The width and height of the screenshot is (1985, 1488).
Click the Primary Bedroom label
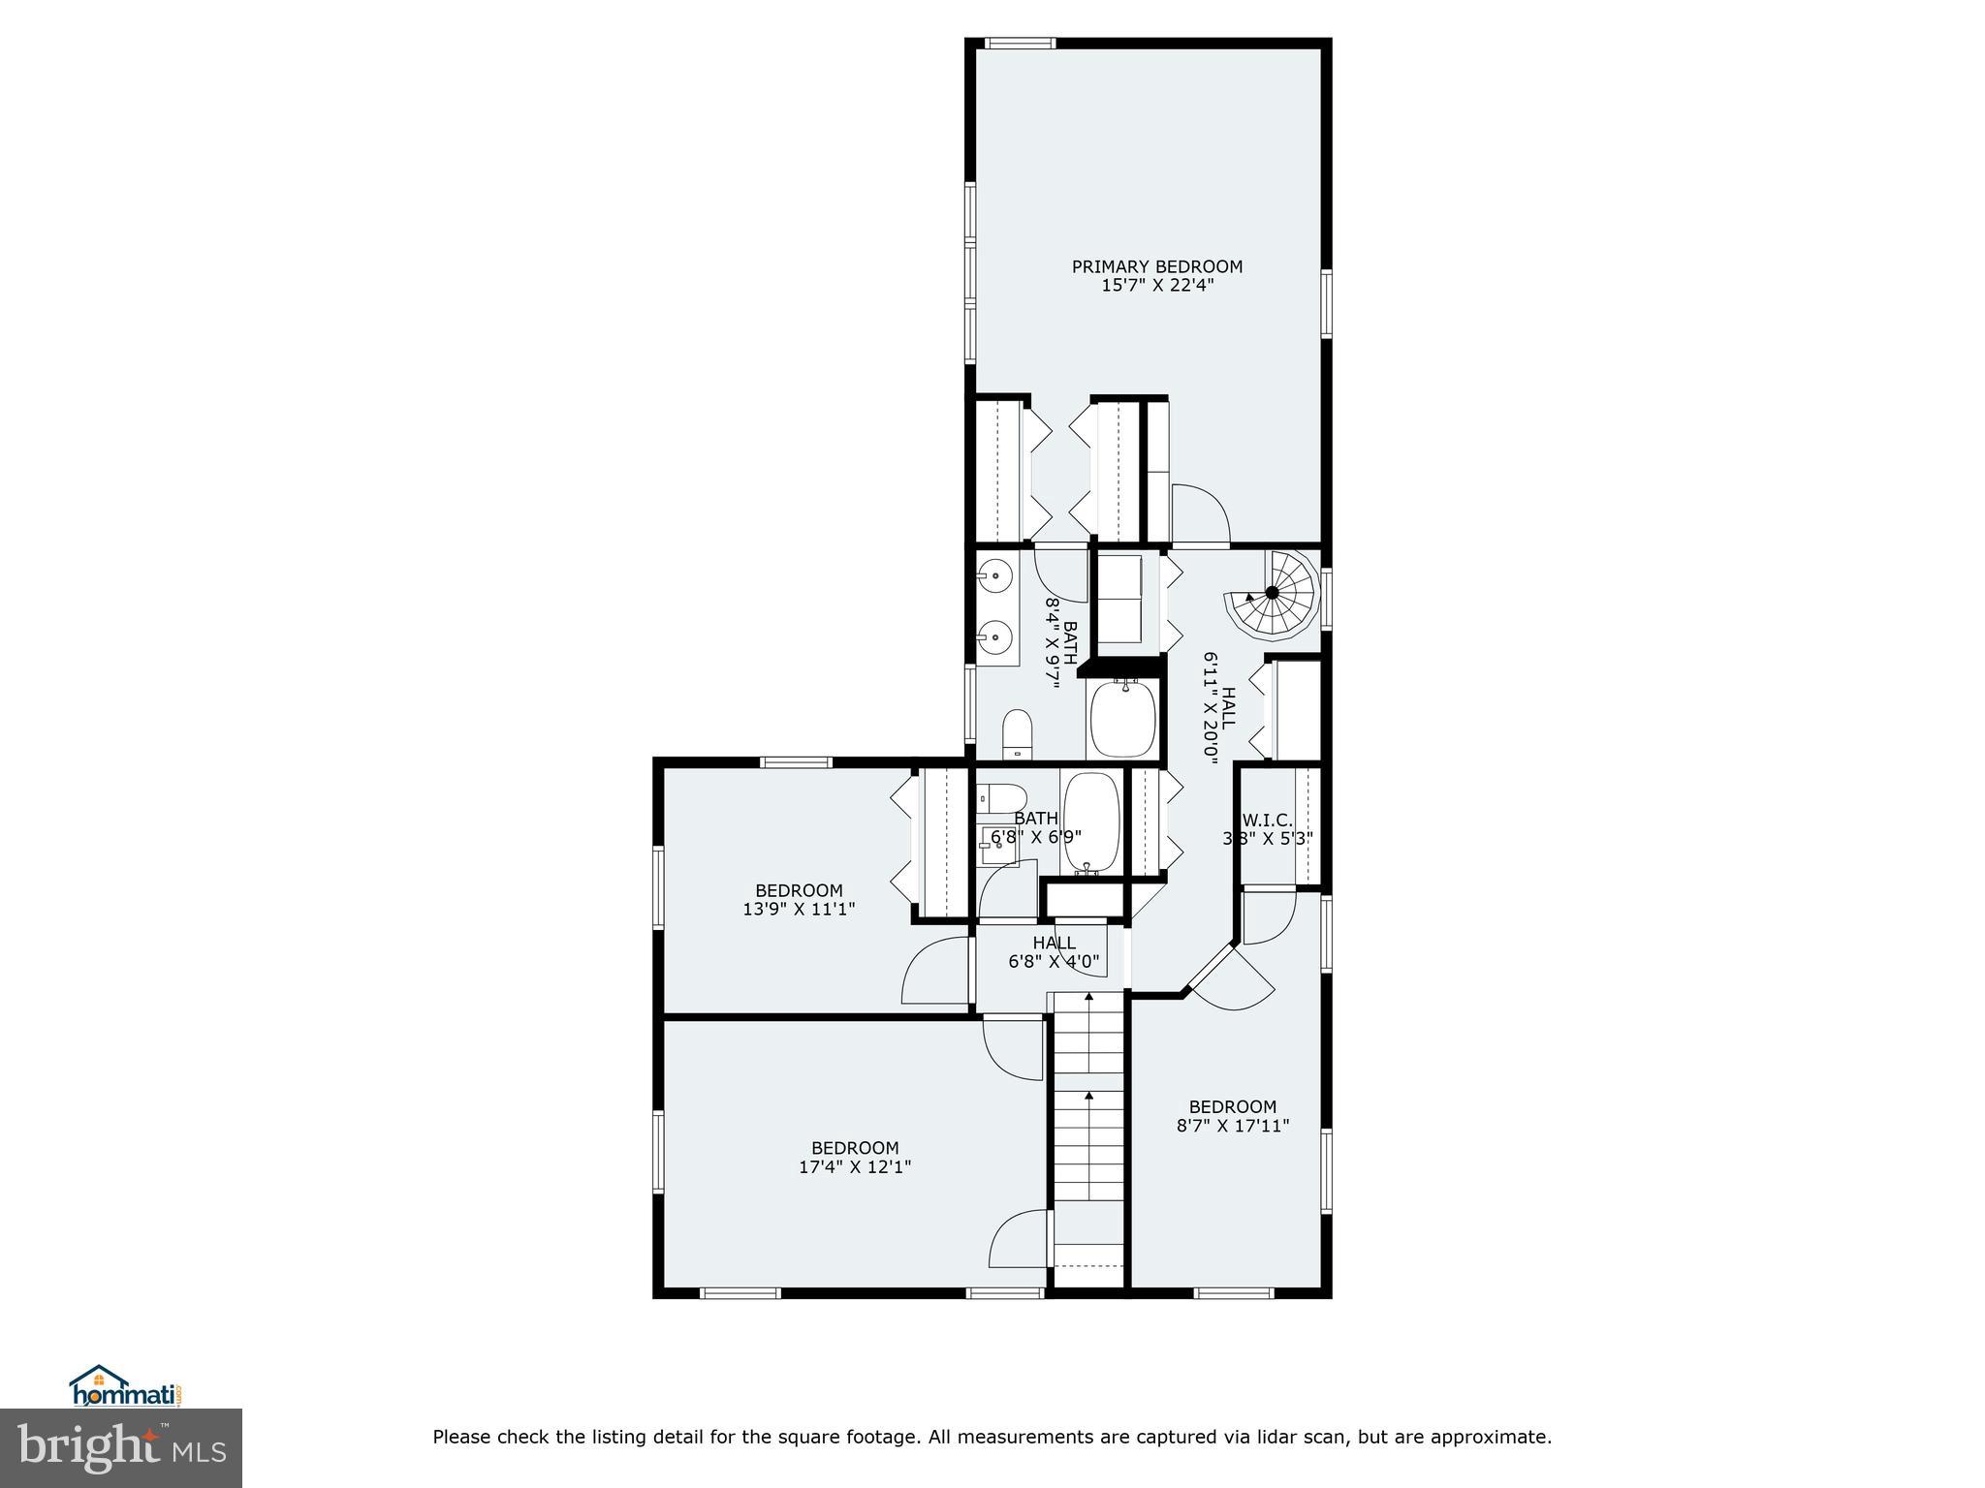[x=1156, y=266]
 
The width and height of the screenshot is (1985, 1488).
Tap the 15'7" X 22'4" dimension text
[x=1156, y=286]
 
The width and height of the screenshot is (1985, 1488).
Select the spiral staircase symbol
[x=1272, y=593]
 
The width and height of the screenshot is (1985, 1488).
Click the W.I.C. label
[x=1267, y=820]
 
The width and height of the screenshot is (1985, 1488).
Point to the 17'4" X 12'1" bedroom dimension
[x=854, y=1167]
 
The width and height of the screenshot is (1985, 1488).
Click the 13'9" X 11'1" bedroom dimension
[x=799, y=909]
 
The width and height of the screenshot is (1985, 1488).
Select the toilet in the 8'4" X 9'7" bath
[x=1017, y=732]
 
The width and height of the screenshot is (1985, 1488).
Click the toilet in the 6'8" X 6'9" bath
[x=1001, y=800]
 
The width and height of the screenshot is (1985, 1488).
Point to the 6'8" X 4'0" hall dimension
[x=1054, y=962]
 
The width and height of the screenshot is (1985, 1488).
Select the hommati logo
[x=126, y=1387]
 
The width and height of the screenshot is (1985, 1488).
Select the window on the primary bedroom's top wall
[x=1020, y=43]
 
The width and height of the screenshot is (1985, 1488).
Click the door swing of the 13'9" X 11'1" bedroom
[x=936, y=971]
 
